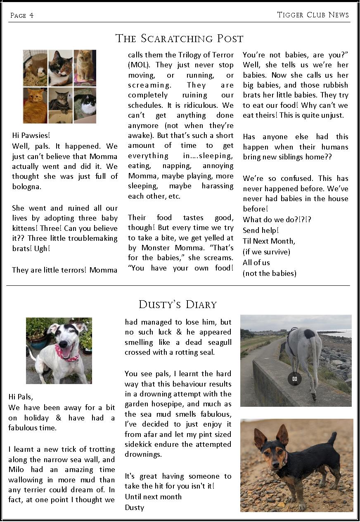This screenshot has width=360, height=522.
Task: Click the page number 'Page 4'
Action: pyautogui.click(x=22, y=16)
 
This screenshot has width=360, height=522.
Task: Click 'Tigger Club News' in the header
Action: pyautogui.click(x=313, y=15)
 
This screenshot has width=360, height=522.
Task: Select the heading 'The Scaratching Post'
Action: pyautogui.click(x=179, y=39)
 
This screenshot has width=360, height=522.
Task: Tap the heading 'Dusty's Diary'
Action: pyautogui.click(x=178, y=305)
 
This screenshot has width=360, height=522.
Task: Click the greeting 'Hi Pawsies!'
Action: pyautogui.click(x=31, y=135)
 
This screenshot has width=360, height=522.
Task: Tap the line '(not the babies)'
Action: pyautogui.click(x=269, y=273)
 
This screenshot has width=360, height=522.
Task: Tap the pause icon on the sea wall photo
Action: pyautogui.click(x=294, y=379)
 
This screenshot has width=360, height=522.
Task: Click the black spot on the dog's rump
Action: pyautogui.click(x=310, y=333)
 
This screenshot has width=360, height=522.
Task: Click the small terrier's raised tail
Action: pyautogui.click(x=332, y=438)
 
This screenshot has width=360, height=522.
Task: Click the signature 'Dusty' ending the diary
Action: pyautogui.click(x=134, y=508)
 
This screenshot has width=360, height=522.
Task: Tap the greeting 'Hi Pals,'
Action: pyautogui.click(x=21, y=397)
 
